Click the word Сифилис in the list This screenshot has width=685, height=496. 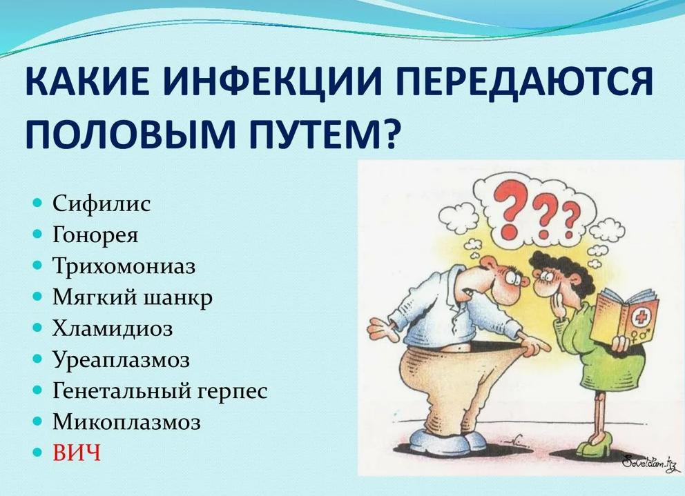[101, 204]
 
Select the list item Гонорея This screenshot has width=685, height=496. [95, 235]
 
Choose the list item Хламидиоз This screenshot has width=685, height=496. [112, 329]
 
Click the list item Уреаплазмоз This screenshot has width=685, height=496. [121, 360]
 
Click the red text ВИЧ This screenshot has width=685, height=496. [77, 454]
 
